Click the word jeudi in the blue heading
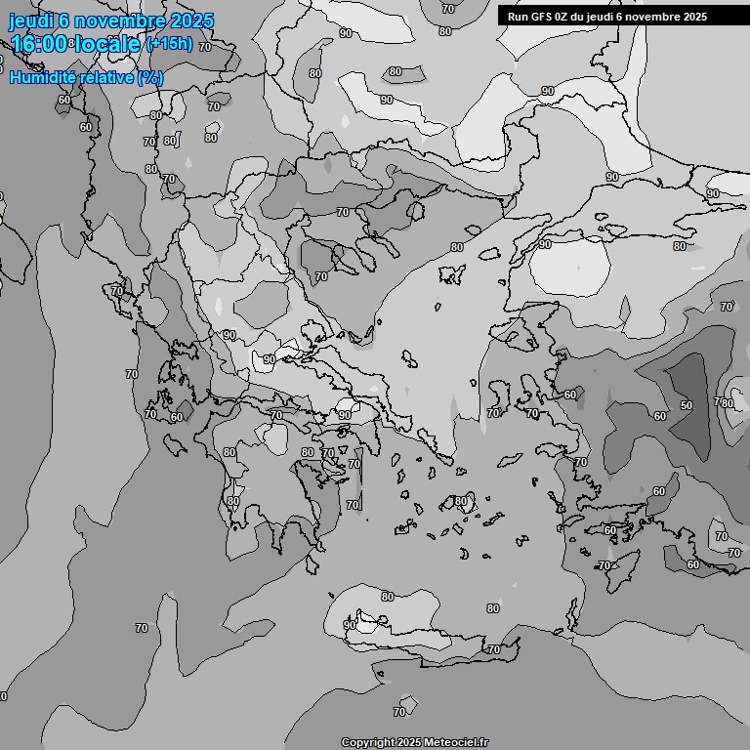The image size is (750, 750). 32,21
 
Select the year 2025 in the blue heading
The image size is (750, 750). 192,21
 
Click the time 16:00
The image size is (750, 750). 40,45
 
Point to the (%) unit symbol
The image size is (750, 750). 150,77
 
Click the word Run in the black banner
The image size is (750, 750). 518,17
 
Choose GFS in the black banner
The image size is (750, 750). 541,17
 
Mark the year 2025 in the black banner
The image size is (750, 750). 694,17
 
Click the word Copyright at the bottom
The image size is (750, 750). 368,742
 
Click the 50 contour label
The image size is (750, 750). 687,404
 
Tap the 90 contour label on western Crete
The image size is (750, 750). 349,624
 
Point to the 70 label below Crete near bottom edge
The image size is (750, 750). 399,712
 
